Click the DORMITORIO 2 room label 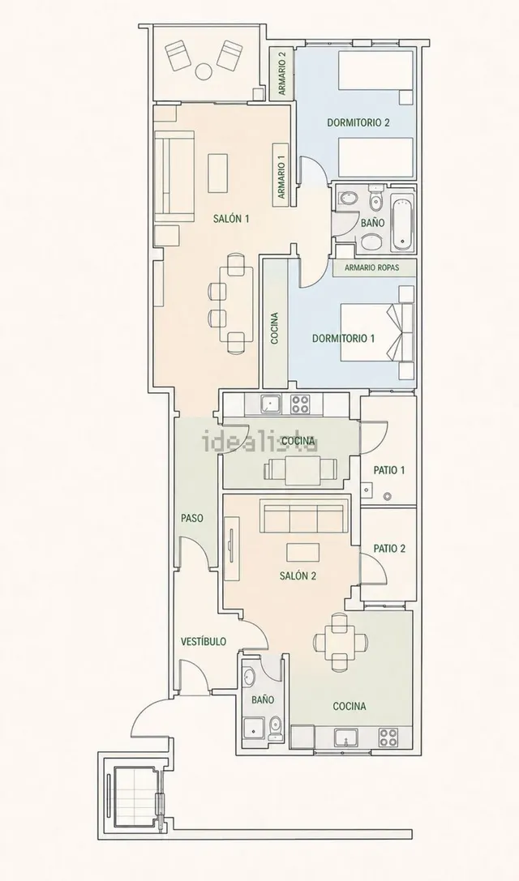(x=358, y=122)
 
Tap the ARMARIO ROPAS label (x=372, y=268)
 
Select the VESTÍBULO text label (x=204, y=641)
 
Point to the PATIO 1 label (x=389, y=470)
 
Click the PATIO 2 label (x=389, y=549)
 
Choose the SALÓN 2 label (x=298, y=576)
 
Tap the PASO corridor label (x=191, y=519)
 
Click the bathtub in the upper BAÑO (x=401, y=223)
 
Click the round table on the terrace (x=204, y=71)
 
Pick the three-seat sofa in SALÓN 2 (x=302, y=517)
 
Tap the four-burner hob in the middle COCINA (x=300, y=404)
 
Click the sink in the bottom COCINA (x=346, y=738)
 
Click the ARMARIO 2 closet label (x=281, y=73)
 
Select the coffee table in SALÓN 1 (x=217, y=173)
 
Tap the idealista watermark (x=259, y=441)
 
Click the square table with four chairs (x=341, y=641)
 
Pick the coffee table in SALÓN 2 (x=303, y=552)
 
